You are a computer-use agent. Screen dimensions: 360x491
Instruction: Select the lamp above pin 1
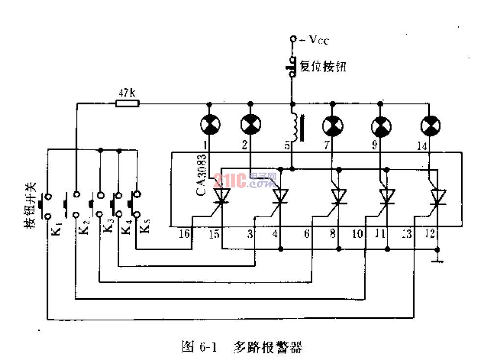click(210, 125)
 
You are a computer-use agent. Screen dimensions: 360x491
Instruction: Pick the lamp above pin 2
click(250, 125)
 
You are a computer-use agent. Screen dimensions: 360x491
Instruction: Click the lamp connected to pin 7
click(332, 127)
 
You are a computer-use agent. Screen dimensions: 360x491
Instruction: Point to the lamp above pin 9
click(381, 127)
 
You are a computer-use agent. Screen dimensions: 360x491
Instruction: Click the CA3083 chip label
click(201, 175)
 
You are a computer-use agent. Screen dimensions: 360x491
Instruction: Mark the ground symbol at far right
click(438, 258)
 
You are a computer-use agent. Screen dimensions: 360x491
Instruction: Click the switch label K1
click(55, 229)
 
